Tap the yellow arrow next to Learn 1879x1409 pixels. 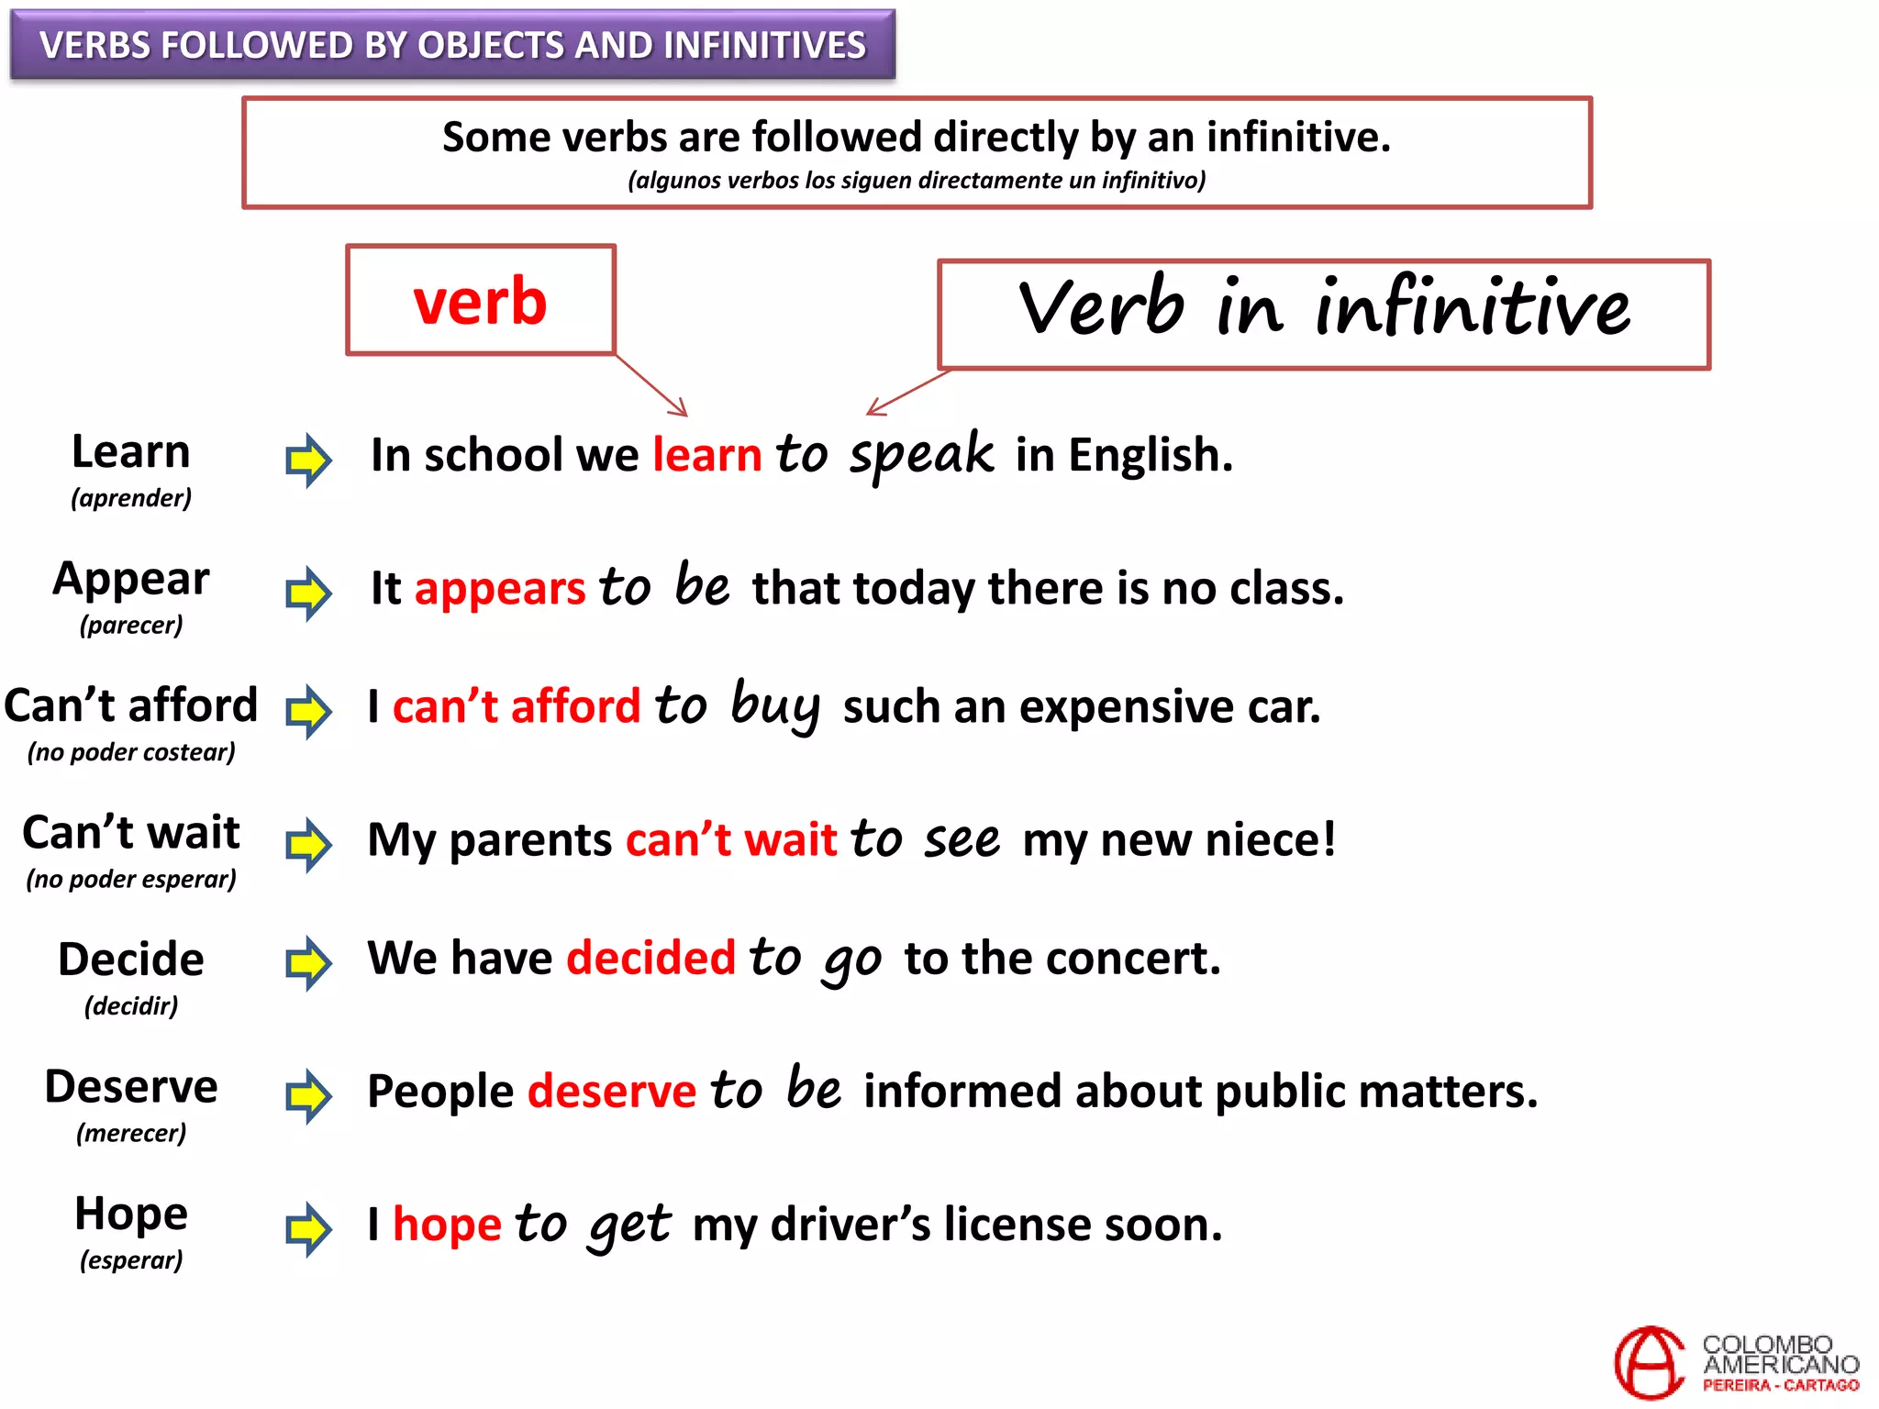[x=308, y=460]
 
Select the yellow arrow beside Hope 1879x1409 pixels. [x=308, y=1228]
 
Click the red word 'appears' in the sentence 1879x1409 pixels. [x=500, y=589]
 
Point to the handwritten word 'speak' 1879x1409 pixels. [x=921, y=455]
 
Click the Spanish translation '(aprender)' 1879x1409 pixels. [x=131, y=498]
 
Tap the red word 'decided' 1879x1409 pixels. [x=651, y=959]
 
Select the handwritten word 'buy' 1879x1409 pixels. [x=775, y=706]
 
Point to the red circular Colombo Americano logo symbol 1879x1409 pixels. [x=1649, y=1362]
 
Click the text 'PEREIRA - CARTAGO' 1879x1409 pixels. [x=1781, y=1385]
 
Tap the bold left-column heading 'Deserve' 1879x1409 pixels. [x=131, y=1087]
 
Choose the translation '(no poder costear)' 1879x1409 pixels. [x=131, y=752]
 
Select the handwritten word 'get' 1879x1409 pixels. [x=630, y=1226]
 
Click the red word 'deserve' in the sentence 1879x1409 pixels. [x=612, y=1092]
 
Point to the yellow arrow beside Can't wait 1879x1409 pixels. [x=308, y=844]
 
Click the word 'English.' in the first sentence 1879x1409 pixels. [x=1151, y=455]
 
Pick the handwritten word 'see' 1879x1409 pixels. [x=962, y=840]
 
